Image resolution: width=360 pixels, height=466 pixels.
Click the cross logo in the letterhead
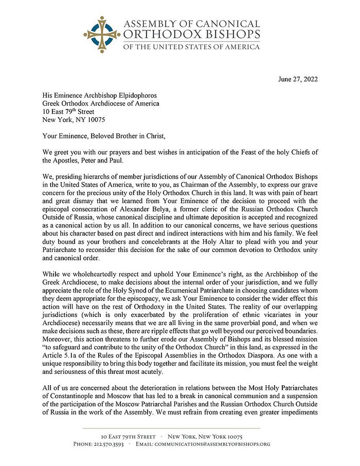tap(102, 34)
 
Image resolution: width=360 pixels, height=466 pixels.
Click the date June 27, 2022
tap(298, 79)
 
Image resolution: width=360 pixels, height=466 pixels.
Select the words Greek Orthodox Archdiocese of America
tap(101, 103)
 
